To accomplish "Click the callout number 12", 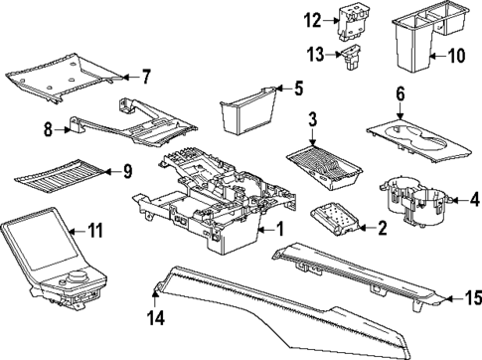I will point(313,20).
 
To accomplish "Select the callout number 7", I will point(145,77).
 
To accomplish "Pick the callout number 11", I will point(95,231).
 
